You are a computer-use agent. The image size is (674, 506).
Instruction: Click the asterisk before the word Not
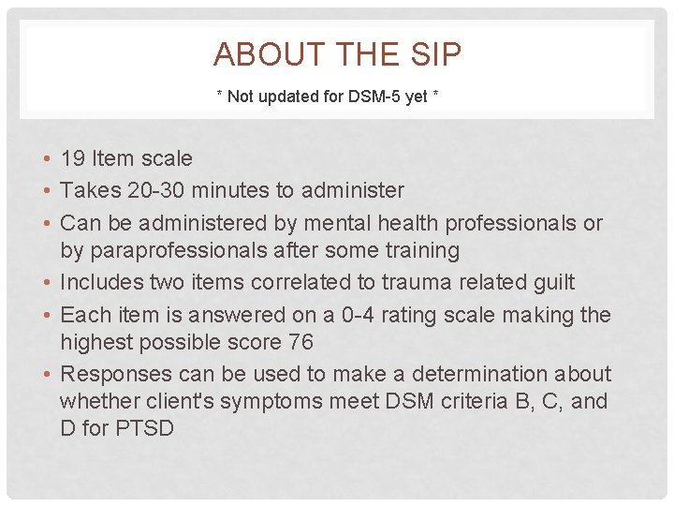click(x=220, y=96)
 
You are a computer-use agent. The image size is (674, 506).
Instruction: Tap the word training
click(x=425, y=251)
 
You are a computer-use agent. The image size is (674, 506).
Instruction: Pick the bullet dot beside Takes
click(x=46, y=191)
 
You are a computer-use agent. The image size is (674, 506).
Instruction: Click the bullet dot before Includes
click(x=46, y=282)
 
